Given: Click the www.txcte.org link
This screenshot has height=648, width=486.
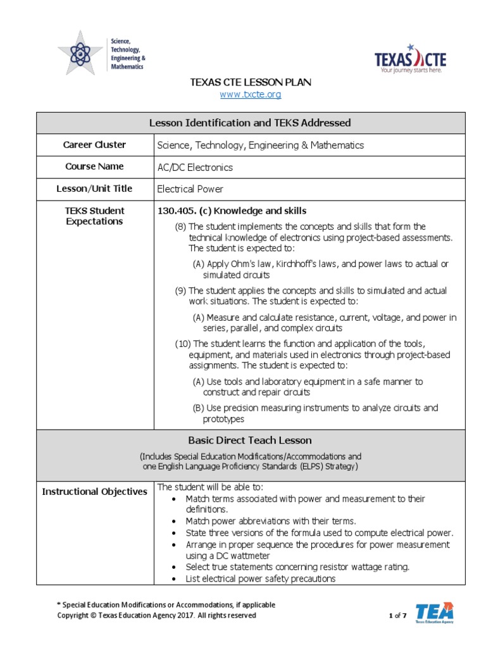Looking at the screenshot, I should pyautogui.click(x=250, y=94).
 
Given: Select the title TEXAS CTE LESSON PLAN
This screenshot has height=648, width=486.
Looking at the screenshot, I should pyautogui.click(x=251, y=82).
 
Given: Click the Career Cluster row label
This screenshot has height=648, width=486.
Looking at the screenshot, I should pyautogui.click(x=94, y=144).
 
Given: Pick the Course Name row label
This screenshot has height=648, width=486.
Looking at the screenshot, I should pyautogui.click(x=94, y=166).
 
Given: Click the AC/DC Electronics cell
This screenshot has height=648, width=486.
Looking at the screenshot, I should pyautogui.click(x=195, y=168).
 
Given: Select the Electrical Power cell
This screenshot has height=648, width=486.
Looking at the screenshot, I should pyautogui.click(x=190, y=189).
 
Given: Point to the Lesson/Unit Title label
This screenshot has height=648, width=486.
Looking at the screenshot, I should pyautogui.click(x=94, y=188).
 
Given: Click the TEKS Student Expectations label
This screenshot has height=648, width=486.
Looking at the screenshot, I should pyautogui.click(x=94, y=216).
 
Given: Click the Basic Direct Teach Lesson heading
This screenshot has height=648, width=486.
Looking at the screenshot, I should pyautogui.click(x=250, y=440).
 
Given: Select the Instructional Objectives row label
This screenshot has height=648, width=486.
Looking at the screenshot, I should pyautogui.click(x=94, y=491).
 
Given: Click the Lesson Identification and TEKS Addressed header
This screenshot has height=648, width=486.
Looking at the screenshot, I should pyautogui.click(x=250, y=123).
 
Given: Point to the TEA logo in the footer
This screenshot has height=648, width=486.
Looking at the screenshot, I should pyautogui.click(x=434, y=613).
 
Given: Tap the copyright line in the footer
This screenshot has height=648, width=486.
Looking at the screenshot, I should pyautogui.click(x=157, y=615).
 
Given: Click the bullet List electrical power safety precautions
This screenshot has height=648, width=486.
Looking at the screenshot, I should pyautogui.click(x=260, y=578).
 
